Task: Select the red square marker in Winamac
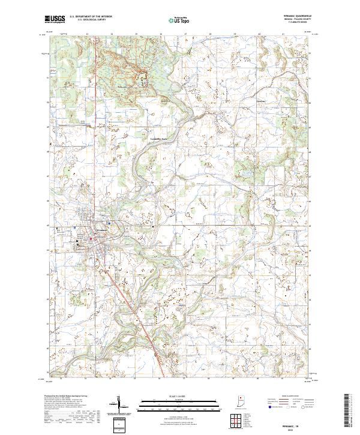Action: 91,239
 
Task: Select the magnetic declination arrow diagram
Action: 120,405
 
